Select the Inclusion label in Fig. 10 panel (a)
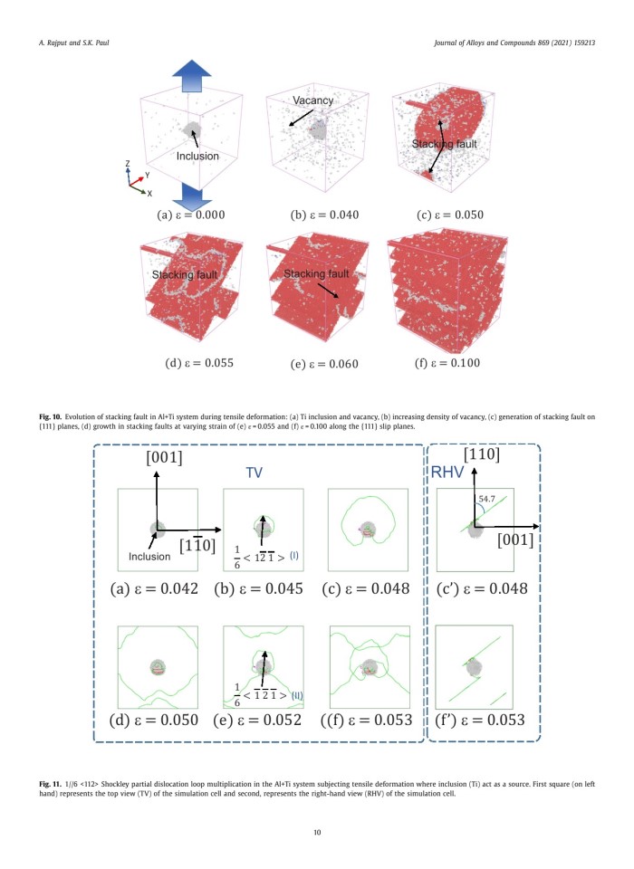pyautogui.click(x=197, y=156)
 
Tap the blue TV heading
pyautogui.click(x=259, y=473)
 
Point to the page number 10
pyautogui.click(x=317, y=832)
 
